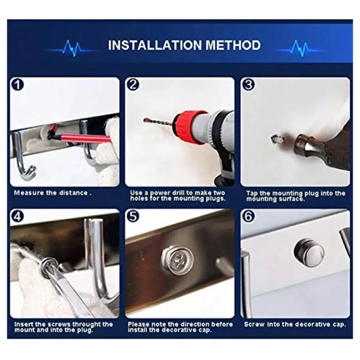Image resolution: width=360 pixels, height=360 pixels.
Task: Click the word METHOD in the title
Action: [x=233, y=45]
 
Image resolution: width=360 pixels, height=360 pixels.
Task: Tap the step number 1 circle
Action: [x=17, y=85]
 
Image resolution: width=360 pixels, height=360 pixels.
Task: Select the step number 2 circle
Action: [x=133, y=85]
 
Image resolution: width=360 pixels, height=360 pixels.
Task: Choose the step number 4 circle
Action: [x=17, y=216]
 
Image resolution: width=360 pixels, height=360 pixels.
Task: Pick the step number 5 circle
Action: [x=133, y=216]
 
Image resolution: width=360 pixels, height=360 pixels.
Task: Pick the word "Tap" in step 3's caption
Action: [x=252, y=194]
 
